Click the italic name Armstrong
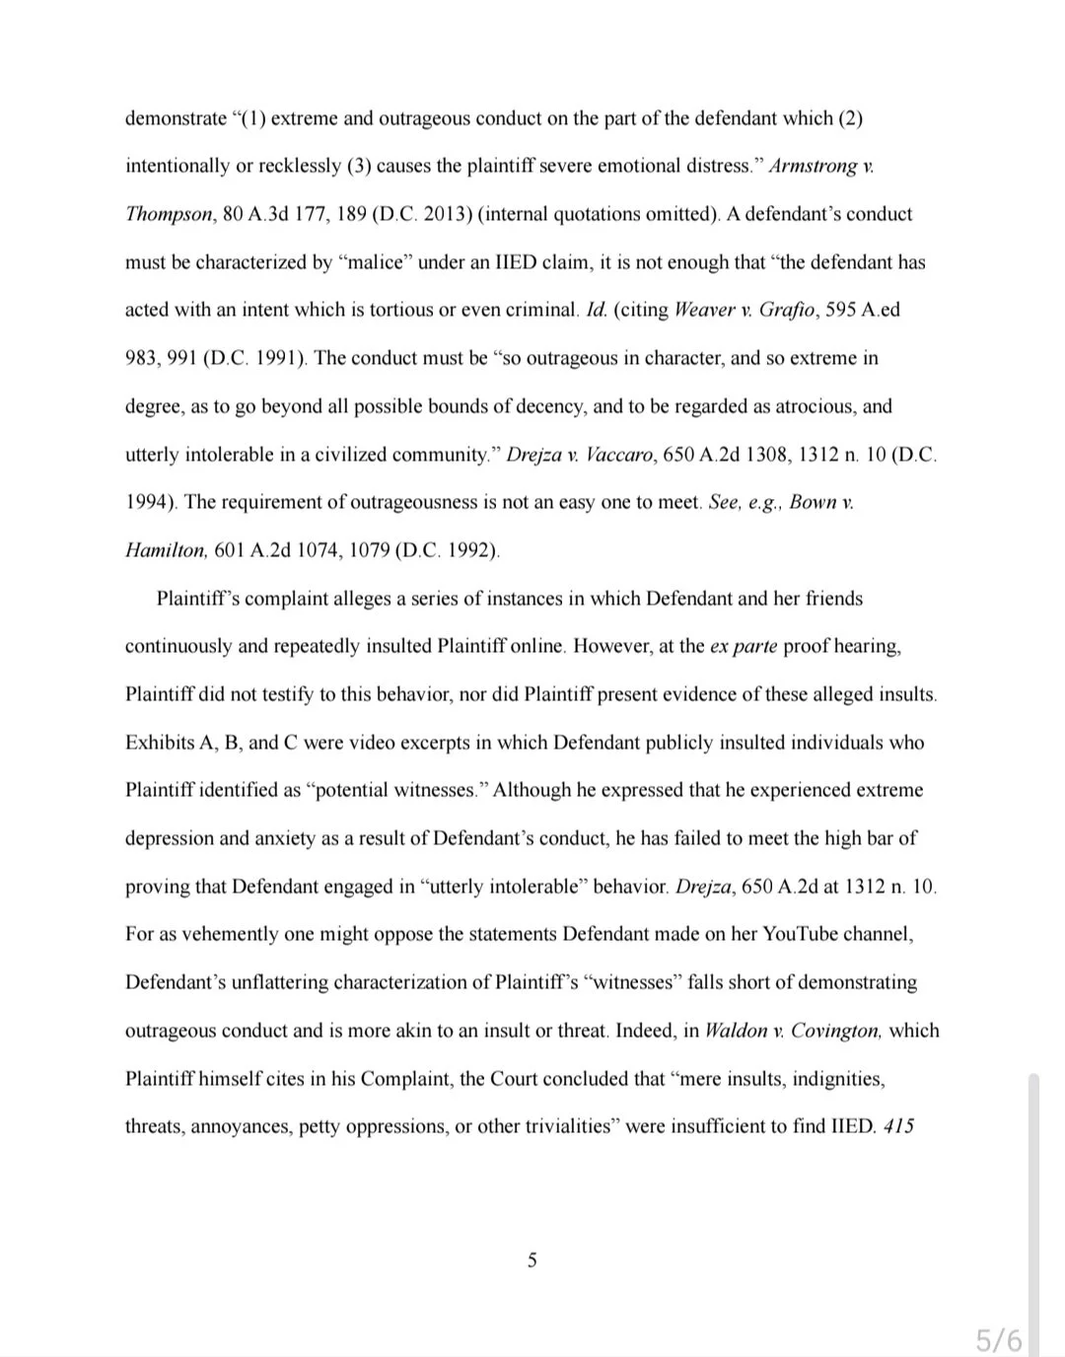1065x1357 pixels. (813, 166)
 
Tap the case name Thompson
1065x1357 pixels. (168, 214)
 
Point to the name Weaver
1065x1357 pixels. (704, 310)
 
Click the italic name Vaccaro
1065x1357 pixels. (618, 455)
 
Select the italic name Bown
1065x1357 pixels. (813, 502)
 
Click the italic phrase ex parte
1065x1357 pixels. (744, 646)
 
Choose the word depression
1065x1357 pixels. (169, 838)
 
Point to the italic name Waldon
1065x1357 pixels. (736, 1031)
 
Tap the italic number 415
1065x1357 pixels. (898, 1126)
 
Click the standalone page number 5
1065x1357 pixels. (532, 1260)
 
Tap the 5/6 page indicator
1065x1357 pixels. (999, 1340)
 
